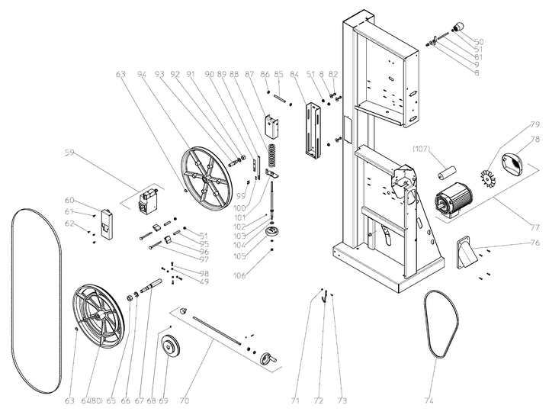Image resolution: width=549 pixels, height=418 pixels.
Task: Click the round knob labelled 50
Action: (x=461, y=28)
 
